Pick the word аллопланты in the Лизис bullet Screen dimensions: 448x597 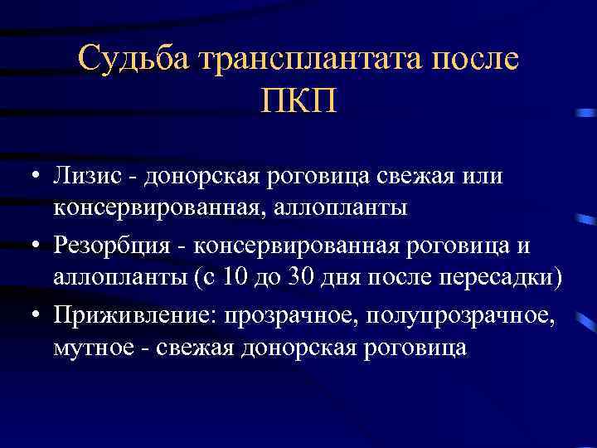pyautogui.click(x=347, y=207)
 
